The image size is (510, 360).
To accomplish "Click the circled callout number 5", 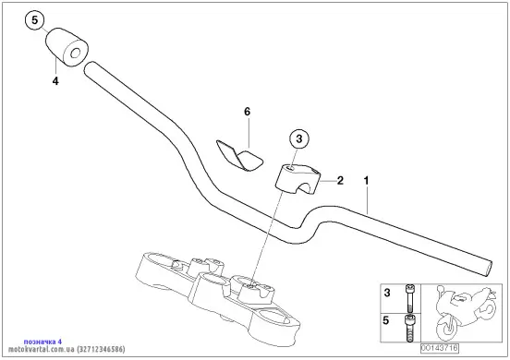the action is pos(34,20).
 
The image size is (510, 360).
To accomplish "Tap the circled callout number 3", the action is pos(299,139).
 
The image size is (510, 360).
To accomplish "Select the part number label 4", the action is pos(55,81).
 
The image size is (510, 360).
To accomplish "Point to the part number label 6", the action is pos(248,112).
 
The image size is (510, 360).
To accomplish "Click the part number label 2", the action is pos(340,180).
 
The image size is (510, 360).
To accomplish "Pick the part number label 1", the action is pos(366,181).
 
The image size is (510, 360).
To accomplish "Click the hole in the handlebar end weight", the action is pos(76,53).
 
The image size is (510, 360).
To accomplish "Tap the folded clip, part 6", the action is pos(239,155).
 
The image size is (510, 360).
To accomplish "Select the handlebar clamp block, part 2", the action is pos(297,179).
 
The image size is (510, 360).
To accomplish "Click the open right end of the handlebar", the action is pos(486,269).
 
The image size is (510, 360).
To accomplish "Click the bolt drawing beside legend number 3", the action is pos(409,298).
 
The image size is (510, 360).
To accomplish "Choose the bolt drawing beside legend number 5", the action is pos(409,328).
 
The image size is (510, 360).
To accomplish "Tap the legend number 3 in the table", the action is pos(387,293).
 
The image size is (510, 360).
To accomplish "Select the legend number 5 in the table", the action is pos(386,320).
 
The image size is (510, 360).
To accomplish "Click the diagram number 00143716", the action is pos(440,348).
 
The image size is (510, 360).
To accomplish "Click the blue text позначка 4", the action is pos(42,342).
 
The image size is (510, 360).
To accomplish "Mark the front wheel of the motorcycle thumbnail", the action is pos(446,329).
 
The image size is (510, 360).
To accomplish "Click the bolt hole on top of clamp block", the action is pos(290,168).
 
